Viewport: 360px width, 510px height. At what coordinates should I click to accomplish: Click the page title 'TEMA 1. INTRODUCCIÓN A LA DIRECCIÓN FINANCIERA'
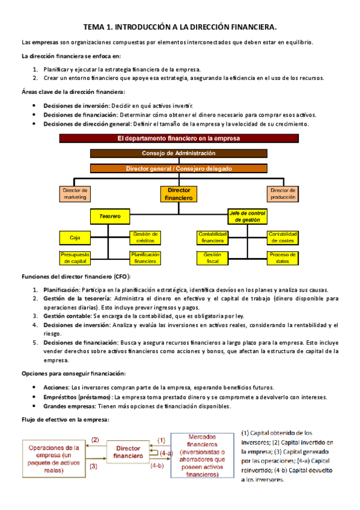point(180,27)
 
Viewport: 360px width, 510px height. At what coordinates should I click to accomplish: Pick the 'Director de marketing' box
point(75,194)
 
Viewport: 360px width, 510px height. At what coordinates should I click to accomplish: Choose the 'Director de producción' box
point(282,194)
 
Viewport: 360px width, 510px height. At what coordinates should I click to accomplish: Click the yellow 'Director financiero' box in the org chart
point(178,194)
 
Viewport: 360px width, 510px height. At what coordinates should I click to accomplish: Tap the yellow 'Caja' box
point(75,238)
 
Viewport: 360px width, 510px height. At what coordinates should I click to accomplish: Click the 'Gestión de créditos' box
point(145,237)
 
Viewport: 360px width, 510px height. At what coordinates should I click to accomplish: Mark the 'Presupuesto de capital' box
point(75,258)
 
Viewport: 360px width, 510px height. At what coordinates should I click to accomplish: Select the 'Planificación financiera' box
point(145,258)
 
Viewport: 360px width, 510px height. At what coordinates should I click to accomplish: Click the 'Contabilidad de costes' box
point(282,237)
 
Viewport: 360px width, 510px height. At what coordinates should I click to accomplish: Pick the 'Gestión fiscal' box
point(213,258)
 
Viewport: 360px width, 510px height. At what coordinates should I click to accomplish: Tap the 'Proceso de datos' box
point(282,258)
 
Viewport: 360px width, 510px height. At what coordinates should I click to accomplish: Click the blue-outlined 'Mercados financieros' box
point(203,455)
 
